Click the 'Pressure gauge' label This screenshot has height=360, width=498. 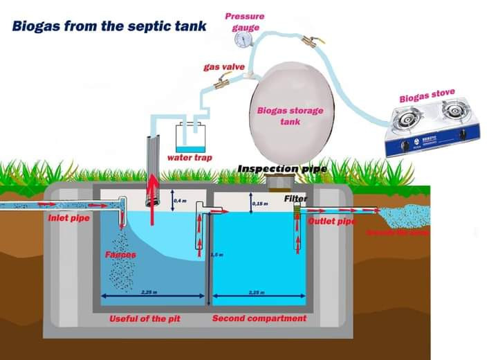click(x=245, y=21)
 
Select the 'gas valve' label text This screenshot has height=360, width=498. click(x=223, y=67)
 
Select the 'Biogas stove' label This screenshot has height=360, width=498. click(x=426, y=98)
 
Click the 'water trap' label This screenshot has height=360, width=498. click(x=190, y=158)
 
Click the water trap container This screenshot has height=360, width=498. click(x=190, y=138)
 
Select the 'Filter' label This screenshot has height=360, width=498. click(x=295, y=199)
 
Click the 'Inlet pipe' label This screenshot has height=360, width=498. click(x=68, y=218)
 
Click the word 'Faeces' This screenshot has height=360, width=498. click(x=120, y=255)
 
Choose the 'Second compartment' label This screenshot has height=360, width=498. click(x=259, y=318)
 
